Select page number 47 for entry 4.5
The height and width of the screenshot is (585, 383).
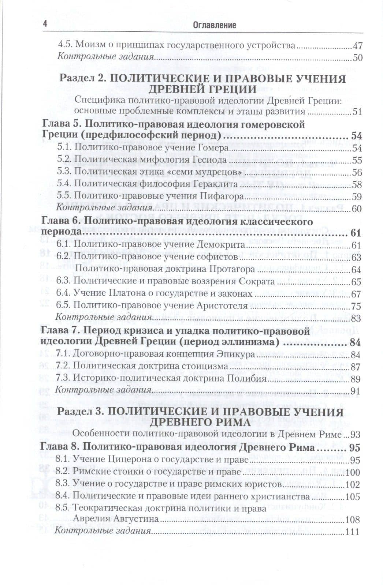click(357, 46)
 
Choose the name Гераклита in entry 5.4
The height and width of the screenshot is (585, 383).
click(219, 184)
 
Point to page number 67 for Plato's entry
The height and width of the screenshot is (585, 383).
click(356, 294)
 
